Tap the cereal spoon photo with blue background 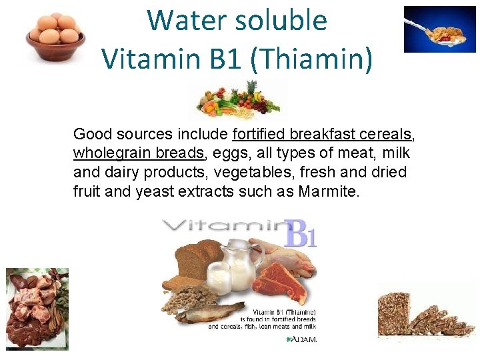(x=439, y=29)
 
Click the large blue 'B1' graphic (x=299, y=235)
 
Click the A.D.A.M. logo (x=301, y=339)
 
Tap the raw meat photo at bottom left (x=37, y=308)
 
